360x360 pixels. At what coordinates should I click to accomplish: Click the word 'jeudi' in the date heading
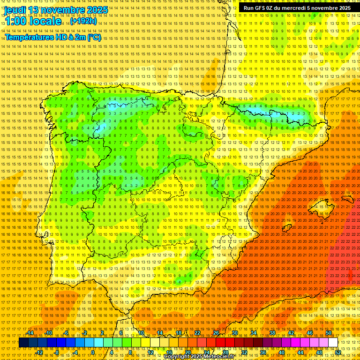(x=15, y=10)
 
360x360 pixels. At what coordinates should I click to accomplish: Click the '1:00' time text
(x=16, y=21)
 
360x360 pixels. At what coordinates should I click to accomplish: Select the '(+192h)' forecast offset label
(x=83, y=21)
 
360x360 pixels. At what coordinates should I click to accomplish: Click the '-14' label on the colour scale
(x=30, y=333)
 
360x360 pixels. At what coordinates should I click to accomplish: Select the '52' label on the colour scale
(x=337, y=352)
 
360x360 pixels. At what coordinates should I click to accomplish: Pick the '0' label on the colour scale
(x=93, y=352)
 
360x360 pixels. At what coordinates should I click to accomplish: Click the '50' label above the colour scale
(x=328, y=333)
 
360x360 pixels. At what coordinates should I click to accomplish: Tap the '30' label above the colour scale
(x=234, y=333)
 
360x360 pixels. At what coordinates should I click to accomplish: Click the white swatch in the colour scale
(x=333, y=343)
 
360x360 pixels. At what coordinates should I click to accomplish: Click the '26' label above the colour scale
(x=216, y=333)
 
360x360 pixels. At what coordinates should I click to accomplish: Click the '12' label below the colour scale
(x=150, y=352)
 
